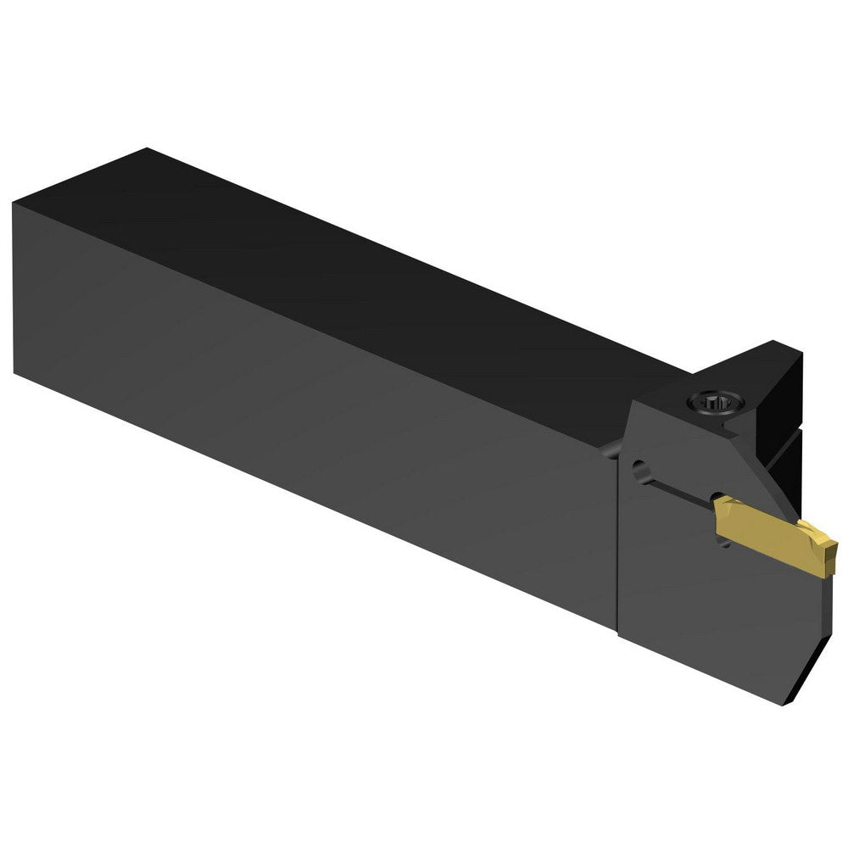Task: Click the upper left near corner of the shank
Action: [x=14, y=203]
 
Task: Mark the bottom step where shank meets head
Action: [x=616, y=627]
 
